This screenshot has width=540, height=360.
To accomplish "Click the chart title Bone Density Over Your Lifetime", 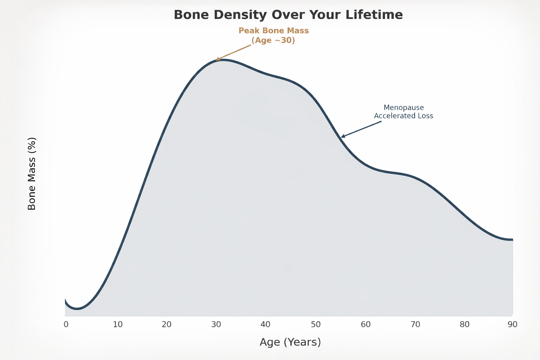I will (288, 15).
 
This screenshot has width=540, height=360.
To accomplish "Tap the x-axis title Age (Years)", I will (290, 342).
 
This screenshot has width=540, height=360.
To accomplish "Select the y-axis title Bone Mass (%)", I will (32, 174).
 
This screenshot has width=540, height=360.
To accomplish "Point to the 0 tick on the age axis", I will (66, 324).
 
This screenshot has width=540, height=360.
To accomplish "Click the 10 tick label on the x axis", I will (118, 324).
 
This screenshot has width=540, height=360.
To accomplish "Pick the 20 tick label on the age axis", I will (166, 324).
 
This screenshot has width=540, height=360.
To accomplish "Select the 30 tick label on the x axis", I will (216, 324).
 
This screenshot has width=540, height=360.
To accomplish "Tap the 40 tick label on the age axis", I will (265, 324).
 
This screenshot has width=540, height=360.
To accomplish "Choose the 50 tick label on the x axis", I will (316, 324).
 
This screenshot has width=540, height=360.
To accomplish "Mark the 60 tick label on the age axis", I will (366, 324).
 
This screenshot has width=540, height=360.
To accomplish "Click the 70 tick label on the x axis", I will (415, 324).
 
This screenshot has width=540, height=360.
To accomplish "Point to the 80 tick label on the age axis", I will (464, 324).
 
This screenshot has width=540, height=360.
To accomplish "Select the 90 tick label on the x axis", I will (513, 324).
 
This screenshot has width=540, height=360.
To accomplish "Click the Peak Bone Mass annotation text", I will (274, 36).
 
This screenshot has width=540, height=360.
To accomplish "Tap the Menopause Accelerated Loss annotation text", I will (404, 112).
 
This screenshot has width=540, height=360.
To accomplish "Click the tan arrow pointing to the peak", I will (233, 52).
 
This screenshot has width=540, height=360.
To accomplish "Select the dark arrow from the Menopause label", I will (361, 129).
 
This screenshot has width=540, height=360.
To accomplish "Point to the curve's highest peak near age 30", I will (221, 60).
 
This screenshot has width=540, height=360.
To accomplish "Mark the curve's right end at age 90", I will (512, 239).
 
